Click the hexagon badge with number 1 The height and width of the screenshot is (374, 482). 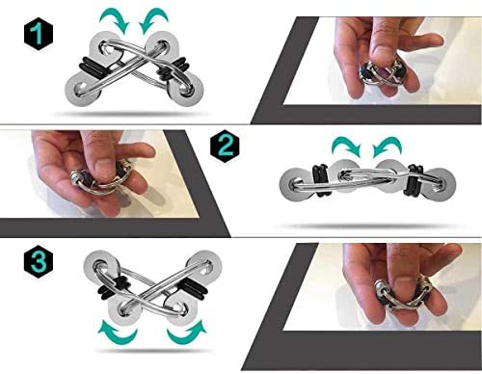point(39,34)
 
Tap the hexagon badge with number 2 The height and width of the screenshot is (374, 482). point(225,146)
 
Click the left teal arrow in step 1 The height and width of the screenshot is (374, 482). point(116,20)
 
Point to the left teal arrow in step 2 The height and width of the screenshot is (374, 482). point(347,147)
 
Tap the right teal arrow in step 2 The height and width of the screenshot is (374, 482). point(387,147)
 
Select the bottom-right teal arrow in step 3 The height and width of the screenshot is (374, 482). point(187,333)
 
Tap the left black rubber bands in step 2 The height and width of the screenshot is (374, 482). point(321,180)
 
